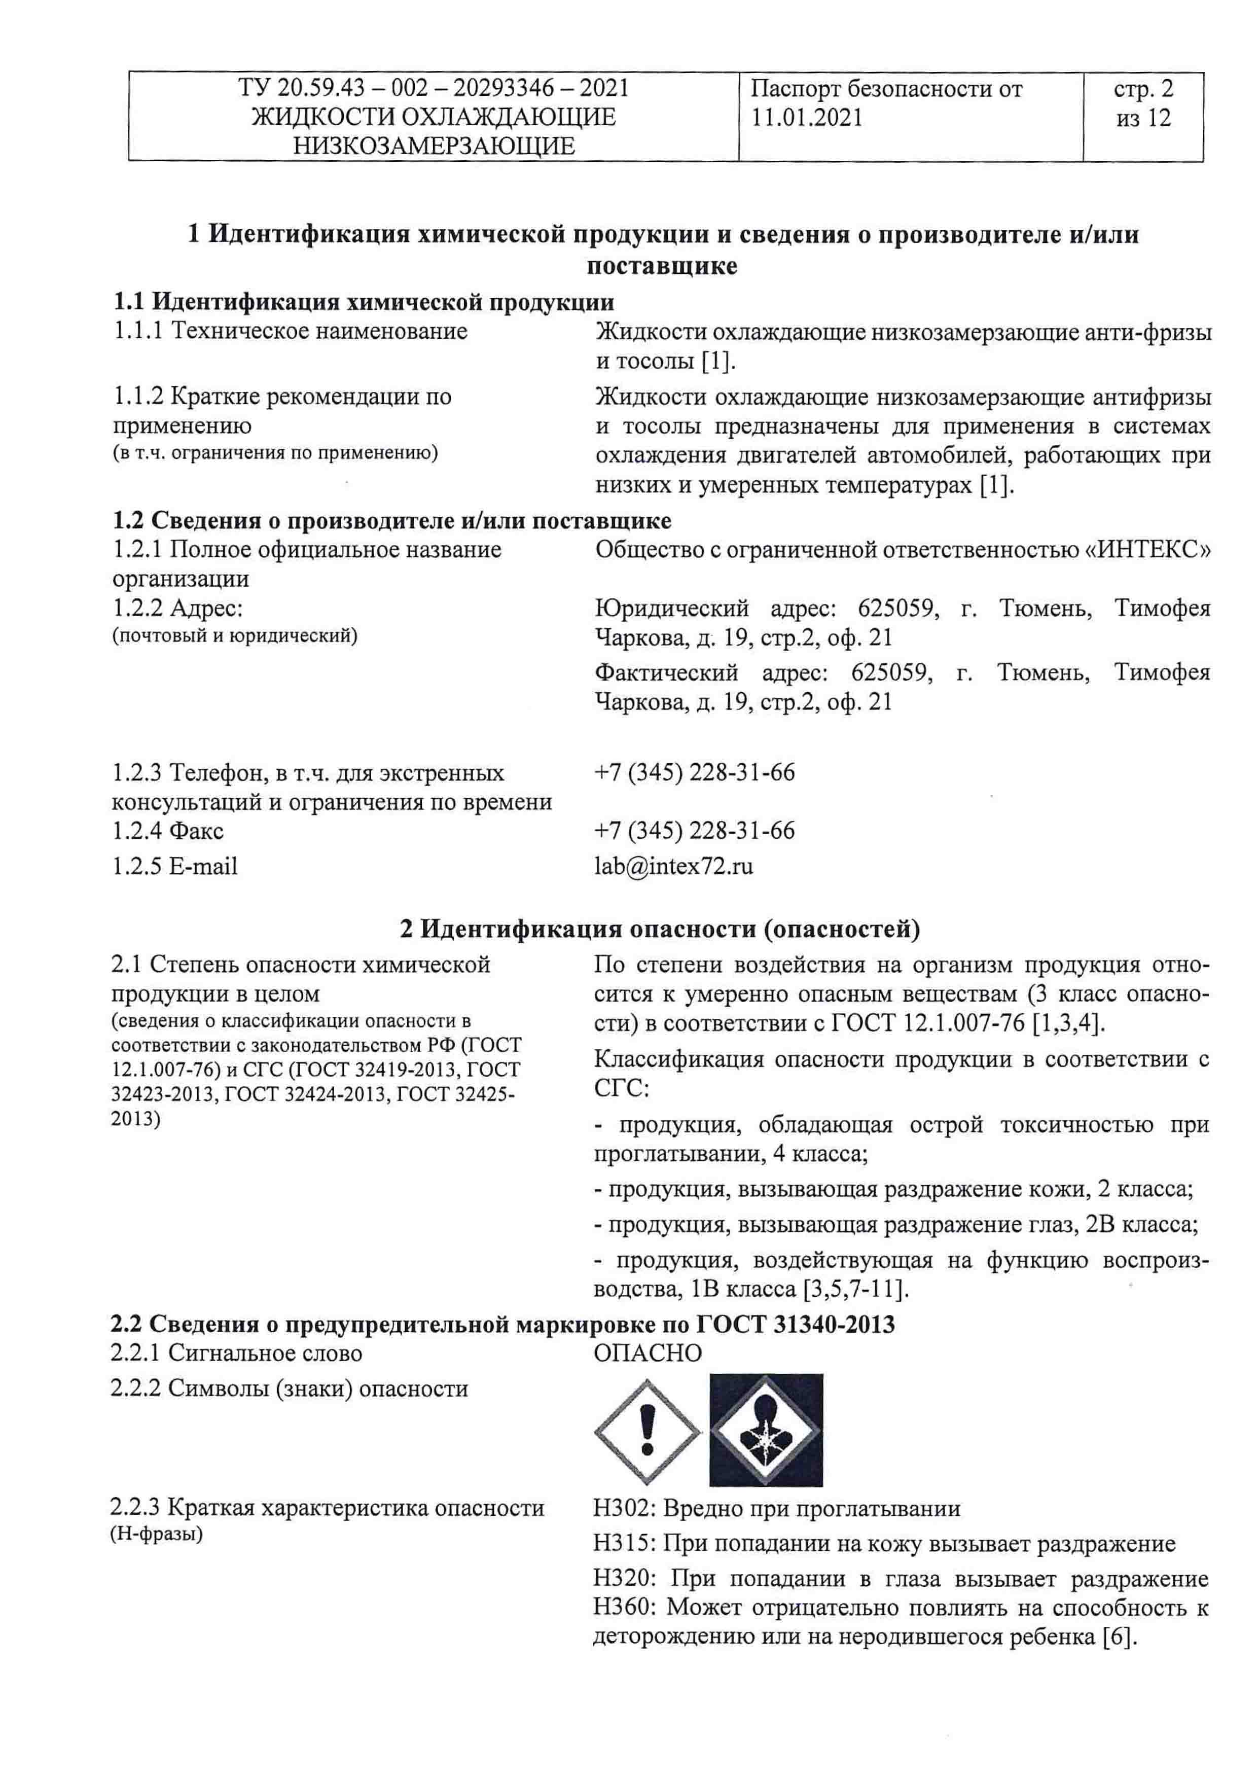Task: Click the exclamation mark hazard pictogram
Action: [x=648, y=1433]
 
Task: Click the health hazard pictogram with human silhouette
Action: [x=766, y=1430]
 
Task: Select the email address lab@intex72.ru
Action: [x=673, y=866]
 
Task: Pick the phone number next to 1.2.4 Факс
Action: [x=694, y=831]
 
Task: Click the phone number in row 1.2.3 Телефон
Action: [x=694, y=772]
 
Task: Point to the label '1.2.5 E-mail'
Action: [x=175, y=866]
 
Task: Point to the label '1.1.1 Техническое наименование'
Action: [x=291, y=331]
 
